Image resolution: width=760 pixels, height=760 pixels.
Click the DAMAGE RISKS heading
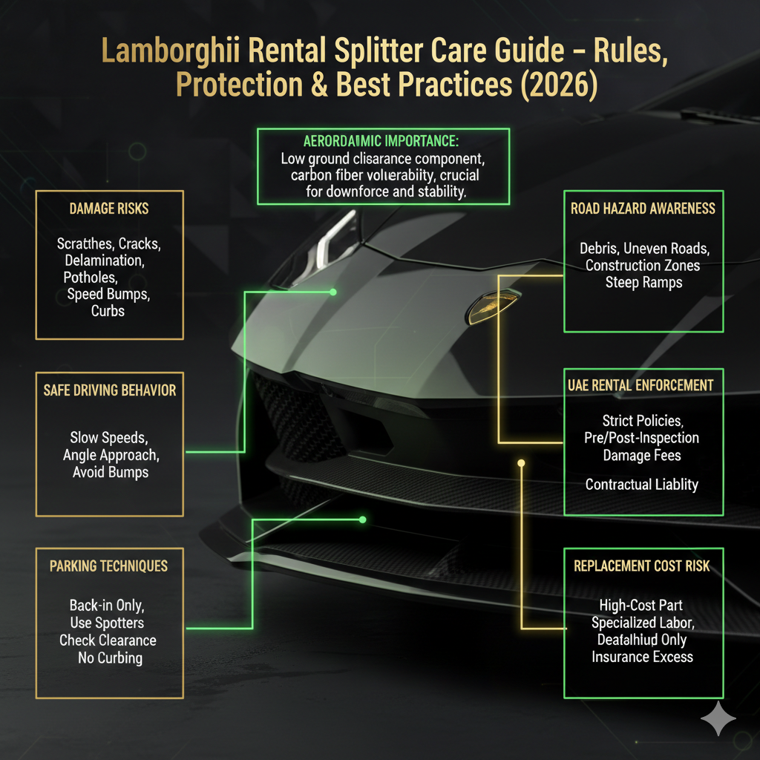click(x=109, y=209)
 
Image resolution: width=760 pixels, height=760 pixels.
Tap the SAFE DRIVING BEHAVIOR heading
click(x=110, y=390)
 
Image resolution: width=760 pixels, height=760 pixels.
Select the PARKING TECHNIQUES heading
click(x=109, y=566)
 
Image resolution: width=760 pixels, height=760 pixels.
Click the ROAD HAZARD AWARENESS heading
click(x=643, y=209)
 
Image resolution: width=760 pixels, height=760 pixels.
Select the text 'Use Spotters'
click(x=108, y=623)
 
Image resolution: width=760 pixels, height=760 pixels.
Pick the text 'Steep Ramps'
click(x=643, y=282)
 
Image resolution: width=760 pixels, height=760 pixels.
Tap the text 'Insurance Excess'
click(x=643, y=657)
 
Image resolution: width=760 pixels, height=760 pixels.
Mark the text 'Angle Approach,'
click(x=111, y=455)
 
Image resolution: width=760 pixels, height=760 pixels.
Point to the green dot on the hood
click(x=332, y=292)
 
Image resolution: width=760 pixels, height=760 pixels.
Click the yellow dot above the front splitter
click(x=521, y=463)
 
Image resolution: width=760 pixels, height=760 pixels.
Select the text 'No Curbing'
click(x=110, y=658)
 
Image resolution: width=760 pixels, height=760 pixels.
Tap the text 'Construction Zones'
click(x=643, y=265)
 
